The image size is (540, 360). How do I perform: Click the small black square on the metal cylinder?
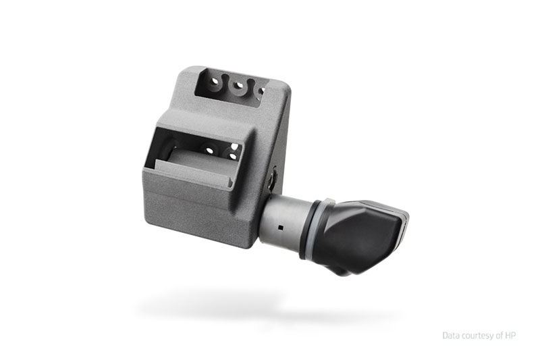click(281, 228)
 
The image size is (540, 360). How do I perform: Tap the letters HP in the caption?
click(510, 335)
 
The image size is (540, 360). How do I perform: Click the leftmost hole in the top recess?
click(215, 81)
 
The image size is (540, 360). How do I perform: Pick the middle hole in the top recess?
click(238, 85)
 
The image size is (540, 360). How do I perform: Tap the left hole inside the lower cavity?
click(209, 150)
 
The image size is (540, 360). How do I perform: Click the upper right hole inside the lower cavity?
click(234, 147)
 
